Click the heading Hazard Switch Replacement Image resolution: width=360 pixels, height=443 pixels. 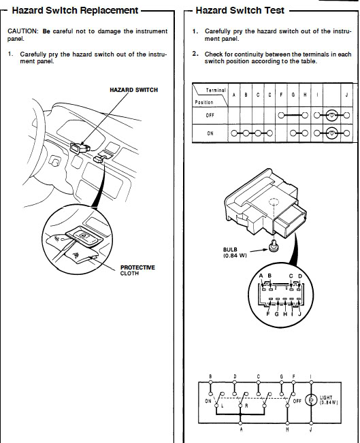tap(75, 10)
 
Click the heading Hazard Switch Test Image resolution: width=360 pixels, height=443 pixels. tap(240, 10)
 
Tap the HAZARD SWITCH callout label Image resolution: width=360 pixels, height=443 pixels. tap(133, 90)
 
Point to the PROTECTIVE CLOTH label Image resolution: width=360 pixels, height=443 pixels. tap(137, 270)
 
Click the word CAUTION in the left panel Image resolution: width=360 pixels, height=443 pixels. tap(22, 31)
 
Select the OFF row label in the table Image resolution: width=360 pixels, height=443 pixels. tap(210, 115)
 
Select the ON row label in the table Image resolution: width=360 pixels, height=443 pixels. tap(210, 133)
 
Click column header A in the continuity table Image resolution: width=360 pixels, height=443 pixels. tap(234, 95)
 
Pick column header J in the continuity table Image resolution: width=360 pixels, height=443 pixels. tap(346, 95)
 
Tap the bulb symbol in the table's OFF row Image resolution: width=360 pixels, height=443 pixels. tap(331, 115)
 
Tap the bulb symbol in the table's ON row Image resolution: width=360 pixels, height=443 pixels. tap(331, 133)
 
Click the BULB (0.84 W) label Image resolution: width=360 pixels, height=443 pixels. tap(235, 252)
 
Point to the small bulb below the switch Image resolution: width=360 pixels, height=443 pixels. tap(274, 246)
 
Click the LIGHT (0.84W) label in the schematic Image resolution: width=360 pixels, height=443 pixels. tap(329, 400)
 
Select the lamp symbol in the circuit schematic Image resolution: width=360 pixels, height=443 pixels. tap(311, 400)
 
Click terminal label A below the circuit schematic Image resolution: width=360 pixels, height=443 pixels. tap(241, 429)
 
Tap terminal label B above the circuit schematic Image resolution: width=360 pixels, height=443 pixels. tap(210, 376)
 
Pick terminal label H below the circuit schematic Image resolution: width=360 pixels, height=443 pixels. tap(287, 429)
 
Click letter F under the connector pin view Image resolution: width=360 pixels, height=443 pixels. tap(268, 314)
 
